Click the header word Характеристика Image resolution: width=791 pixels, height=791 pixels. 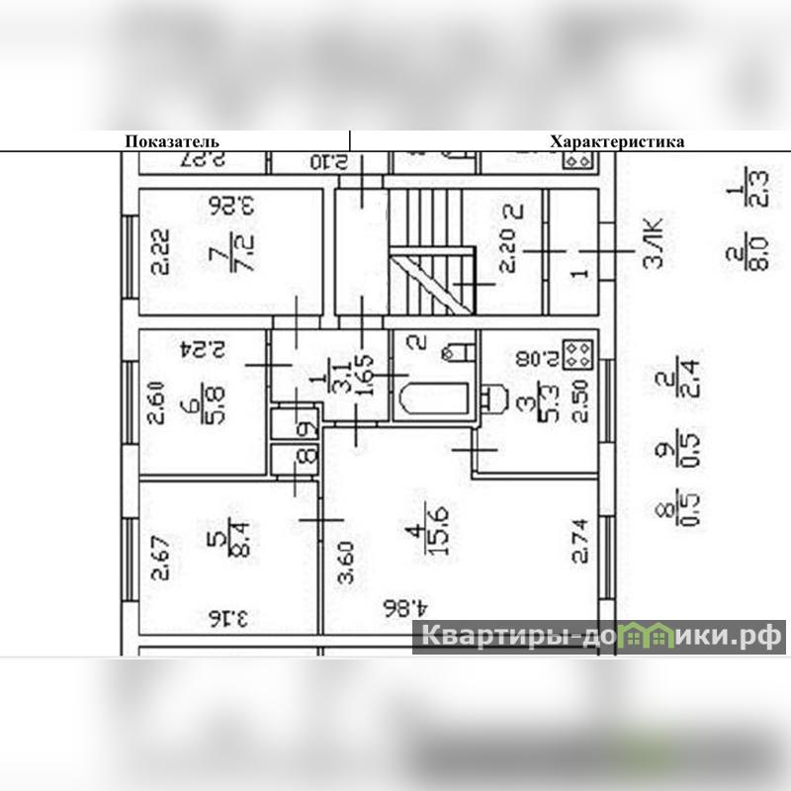[617, 141]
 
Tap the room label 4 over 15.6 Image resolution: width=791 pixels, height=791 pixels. [429, 534]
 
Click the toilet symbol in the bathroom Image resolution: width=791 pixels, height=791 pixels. [459, 351]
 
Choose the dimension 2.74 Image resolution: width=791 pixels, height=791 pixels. [580, 540]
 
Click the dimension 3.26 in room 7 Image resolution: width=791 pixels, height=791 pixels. [231, 206]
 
